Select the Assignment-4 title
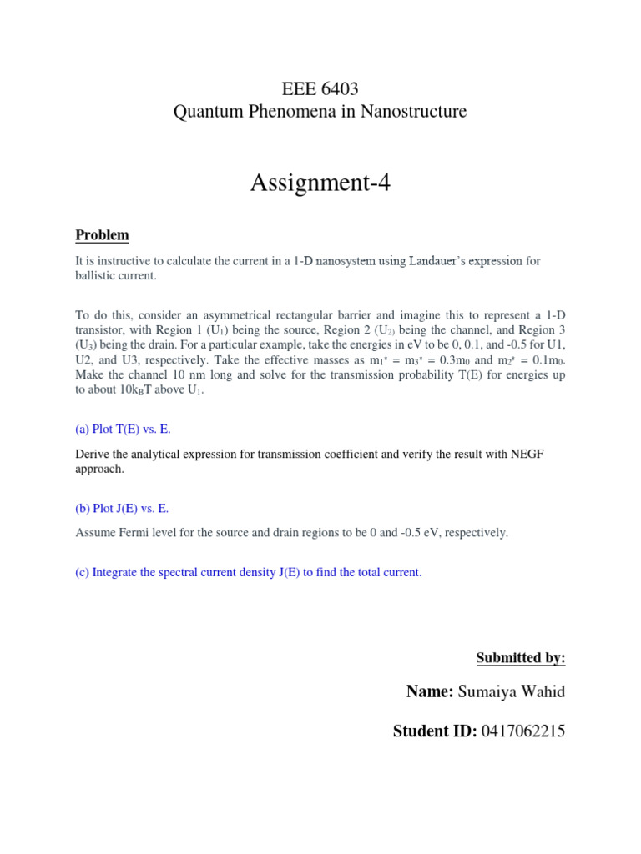click(320, 183)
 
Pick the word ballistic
click(98, 275)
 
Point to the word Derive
click(93, 455)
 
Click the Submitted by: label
click(520, 658)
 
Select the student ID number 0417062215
click(522, 731)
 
